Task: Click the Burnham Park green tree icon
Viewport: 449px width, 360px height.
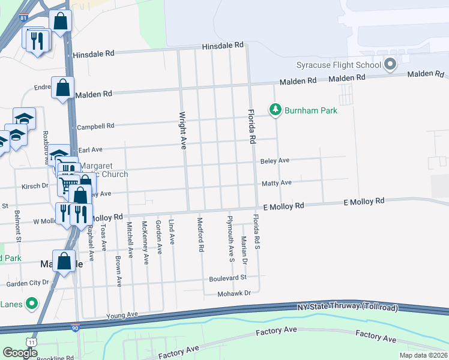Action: pyautogui.click(x=276, y=110)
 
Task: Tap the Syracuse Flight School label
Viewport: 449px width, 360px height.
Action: pyautogui.click(x=339, y=65)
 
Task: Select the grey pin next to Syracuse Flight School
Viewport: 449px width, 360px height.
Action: pyautogui.click(x=391, y=64)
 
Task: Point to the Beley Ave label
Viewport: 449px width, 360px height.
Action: pyautogui.click(x=275, y=161)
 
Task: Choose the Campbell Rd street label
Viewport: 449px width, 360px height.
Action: pyautogui.click(x=95, y=127)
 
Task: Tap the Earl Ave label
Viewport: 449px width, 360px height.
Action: pyautogui.click(x=91, y=149)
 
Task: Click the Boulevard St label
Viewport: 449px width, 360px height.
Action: pyautogui.click(x=228, y=278)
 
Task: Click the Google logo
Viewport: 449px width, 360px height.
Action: pyautogui.click(x=20, y=353)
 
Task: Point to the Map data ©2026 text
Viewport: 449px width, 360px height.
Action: pyautogui.click(x=423, y=355)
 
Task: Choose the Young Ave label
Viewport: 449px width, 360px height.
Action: pyautogui.click(x=122, y=314)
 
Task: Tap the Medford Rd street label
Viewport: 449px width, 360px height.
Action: pyautogui.click(x=200, y=235)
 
